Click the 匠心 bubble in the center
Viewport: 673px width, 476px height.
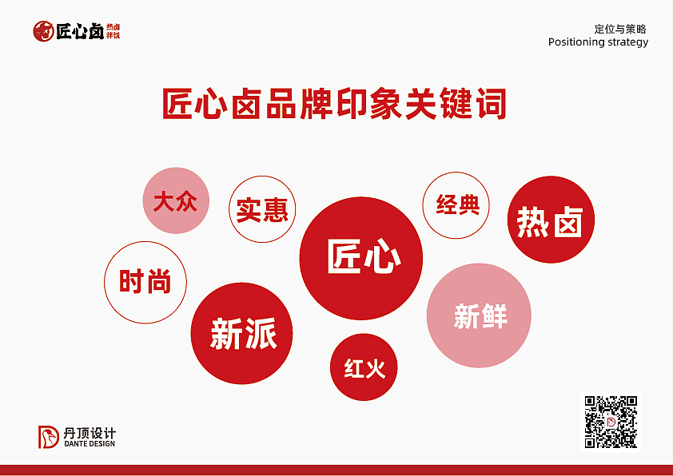point(360,257)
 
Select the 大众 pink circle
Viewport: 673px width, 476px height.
point(176,200)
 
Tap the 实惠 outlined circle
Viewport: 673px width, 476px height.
point(262,209)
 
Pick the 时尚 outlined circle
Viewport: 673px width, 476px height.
point(145,282)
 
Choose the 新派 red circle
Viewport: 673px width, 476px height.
point(243,333)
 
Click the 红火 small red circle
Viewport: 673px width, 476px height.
point(364,367)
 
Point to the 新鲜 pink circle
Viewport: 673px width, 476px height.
point(480,315)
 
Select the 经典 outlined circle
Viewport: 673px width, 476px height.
point(456,204)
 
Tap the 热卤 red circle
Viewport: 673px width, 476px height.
point(551,220)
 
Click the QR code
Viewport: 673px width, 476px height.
point(611,422)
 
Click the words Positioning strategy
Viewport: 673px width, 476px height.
point(598,42)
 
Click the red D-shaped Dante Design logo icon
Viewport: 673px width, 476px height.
point(50,437)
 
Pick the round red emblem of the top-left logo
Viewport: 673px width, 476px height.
point(43,31)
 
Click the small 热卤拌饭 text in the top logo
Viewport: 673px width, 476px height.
point(113,31)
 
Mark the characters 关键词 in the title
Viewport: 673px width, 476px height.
point(462,105)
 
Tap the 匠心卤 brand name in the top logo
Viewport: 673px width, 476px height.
point(79,31)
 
